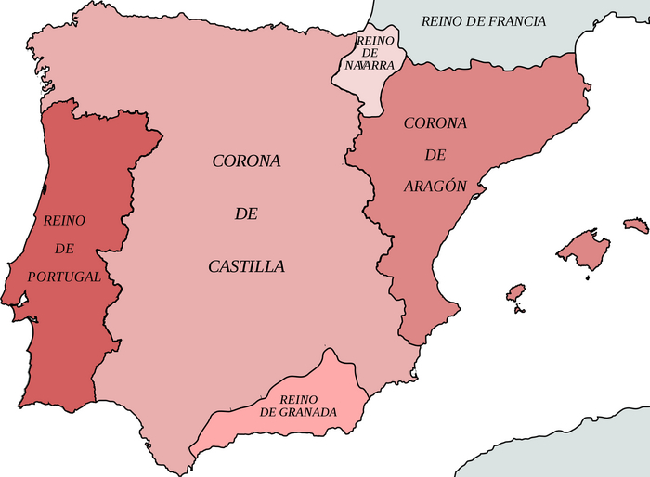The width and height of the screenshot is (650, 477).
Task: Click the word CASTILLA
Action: (x=246, y=266)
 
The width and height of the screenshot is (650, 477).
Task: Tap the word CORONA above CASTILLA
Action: (x=246, y=161)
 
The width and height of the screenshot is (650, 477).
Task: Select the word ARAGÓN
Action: (x=435, y=186)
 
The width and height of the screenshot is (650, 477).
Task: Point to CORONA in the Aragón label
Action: (x=435, y=123)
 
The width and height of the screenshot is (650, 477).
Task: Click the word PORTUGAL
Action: (x=63, y=277)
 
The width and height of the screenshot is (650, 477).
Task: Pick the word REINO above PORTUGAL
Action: (x=64, y=220)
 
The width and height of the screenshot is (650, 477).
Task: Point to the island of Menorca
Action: (x=636, y=226)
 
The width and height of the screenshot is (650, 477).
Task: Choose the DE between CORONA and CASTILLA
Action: (x=246, y=213)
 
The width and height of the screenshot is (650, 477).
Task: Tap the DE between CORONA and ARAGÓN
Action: (x=435, y=155)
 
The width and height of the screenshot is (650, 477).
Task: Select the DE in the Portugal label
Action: (x=64, y=249)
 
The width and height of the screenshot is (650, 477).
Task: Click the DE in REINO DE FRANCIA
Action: (x=475, y=21)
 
